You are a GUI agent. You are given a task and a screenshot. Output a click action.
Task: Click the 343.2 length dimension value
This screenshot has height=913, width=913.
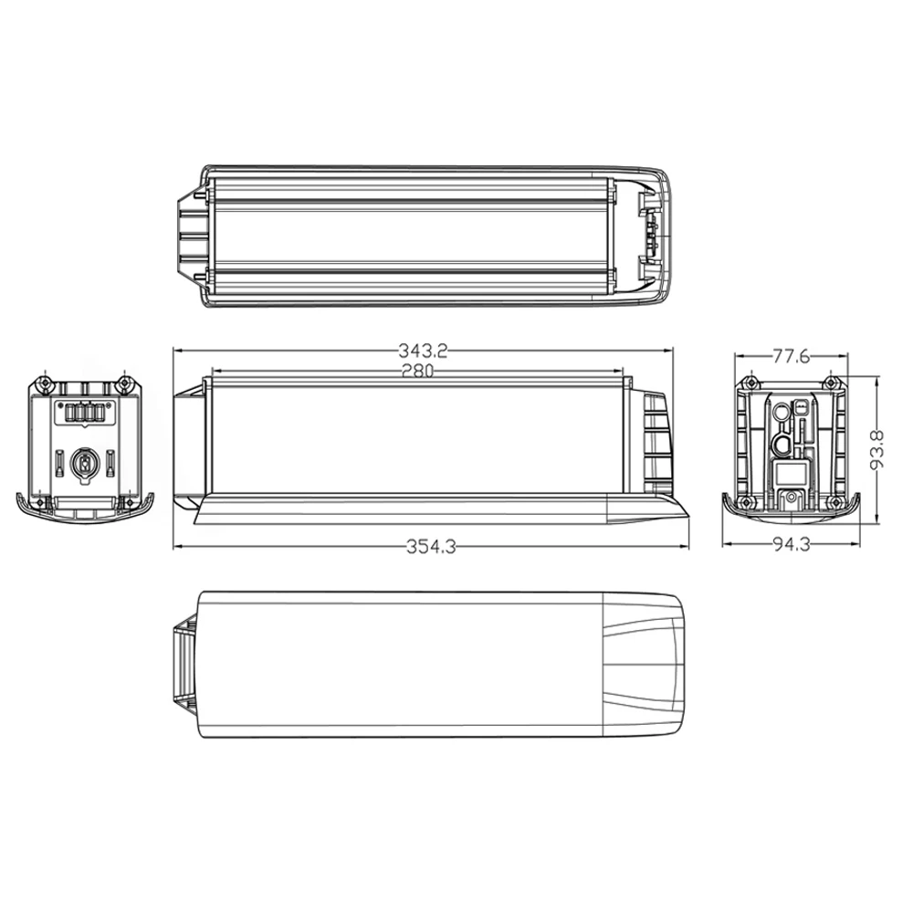click(x=423, y=351)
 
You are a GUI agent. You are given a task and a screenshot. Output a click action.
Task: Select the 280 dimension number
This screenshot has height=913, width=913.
click(x=417, y=371)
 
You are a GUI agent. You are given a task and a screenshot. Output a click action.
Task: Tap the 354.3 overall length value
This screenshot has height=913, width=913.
click(x=431, y=547)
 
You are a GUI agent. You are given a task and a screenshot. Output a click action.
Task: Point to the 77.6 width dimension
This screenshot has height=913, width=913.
click(x=791, y=356)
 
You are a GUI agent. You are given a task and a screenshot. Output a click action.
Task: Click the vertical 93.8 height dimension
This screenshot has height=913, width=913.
click(x=876, y=449)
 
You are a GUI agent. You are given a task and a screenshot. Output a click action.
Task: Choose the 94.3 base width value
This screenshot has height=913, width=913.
click(x=792, y=544)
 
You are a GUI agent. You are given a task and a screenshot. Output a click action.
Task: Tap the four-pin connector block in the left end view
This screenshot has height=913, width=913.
click(x=84, y=413)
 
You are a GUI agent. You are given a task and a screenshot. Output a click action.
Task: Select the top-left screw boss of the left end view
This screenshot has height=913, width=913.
click(x=43, y=384)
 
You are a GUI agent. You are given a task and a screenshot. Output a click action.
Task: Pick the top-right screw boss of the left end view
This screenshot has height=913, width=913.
click(x=123, y=384)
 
